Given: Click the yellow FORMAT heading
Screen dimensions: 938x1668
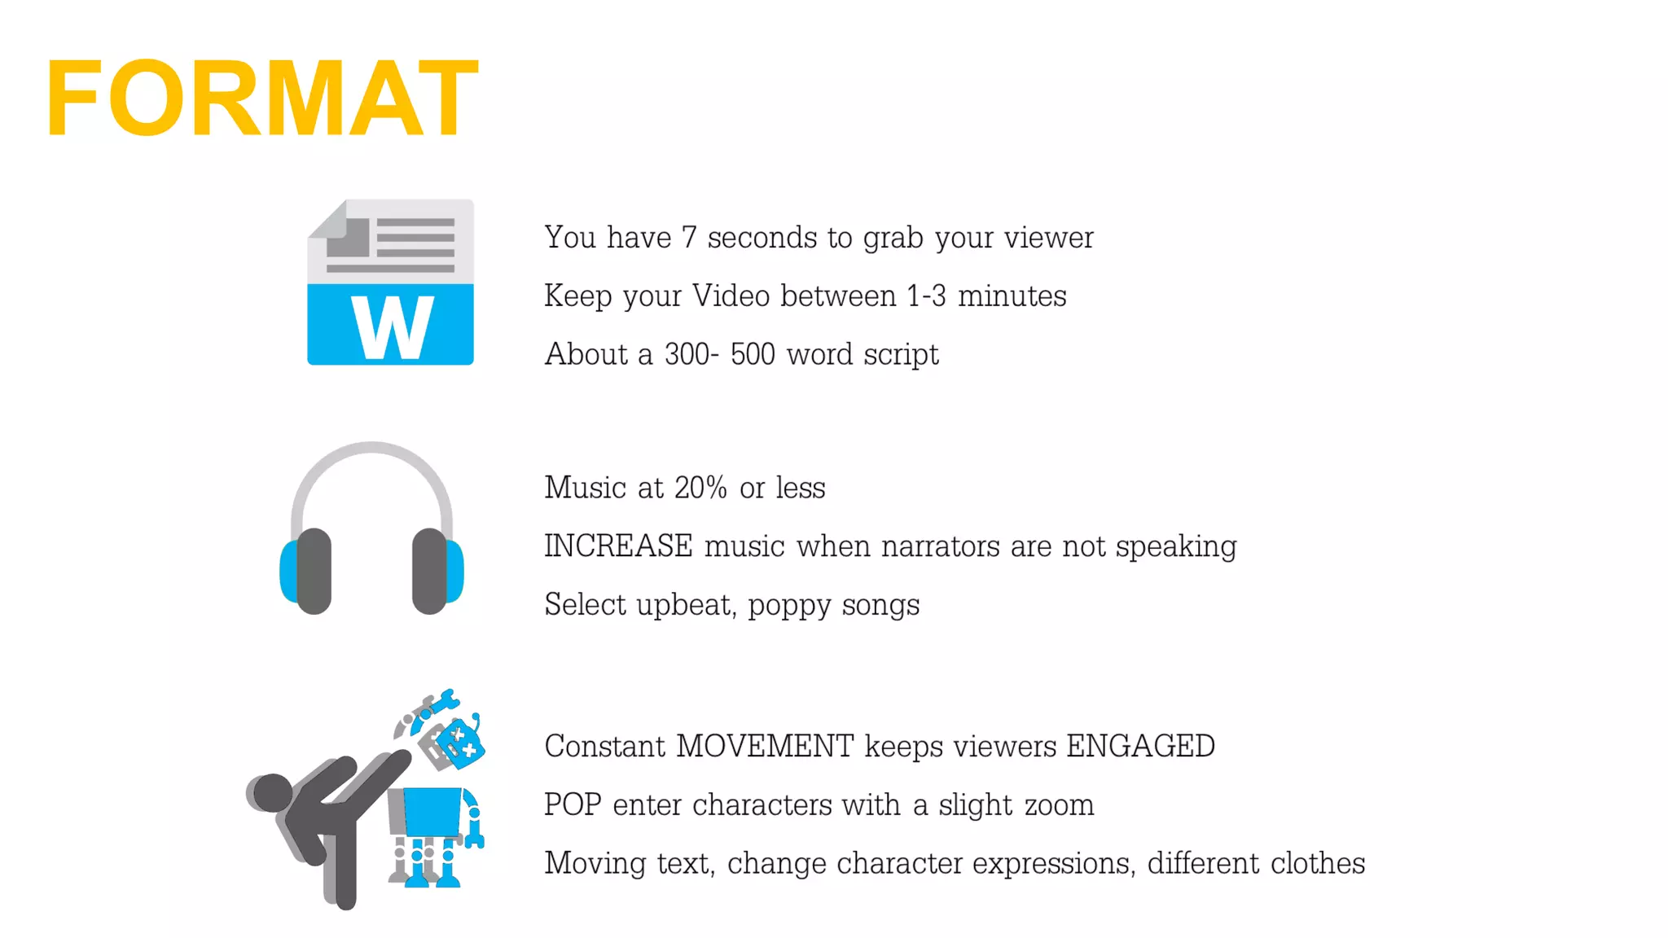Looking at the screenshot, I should click(x=261, y=99).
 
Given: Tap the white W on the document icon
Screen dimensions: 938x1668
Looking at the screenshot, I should click(x=392, y=327).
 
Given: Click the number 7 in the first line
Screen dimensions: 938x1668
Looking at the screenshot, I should click(x=689, y=238).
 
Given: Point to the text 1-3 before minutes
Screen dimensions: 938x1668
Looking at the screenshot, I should click(x=927, y=296).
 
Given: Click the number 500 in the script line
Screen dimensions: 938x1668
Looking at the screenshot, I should click(x=753, y=355).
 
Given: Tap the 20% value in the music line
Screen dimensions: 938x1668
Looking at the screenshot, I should click(x=700, y=488).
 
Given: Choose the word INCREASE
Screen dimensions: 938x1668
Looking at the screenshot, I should click(x=618, y=546).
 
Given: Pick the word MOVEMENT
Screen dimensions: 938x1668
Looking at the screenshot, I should click(x=765, y=747).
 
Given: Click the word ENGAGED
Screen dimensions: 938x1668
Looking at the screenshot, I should click(x=1140, y=747).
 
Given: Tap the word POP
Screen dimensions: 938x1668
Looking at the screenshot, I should click(x=573, y=805).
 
